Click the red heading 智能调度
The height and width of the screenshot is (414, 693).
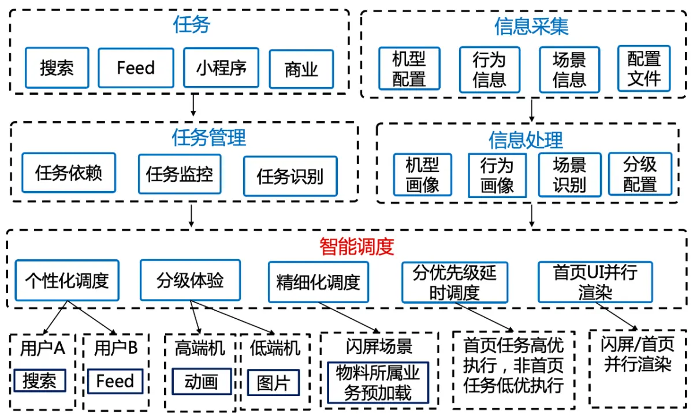pyautogui.click(x=356, y=247)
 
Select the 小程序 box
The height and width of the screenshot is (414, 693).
pyautogui.click(x=221, y=68)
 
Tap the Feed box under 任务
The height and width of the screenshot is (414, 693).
pyautogui.click(x=136, y=68)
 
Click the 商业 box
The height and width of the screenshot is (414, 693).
pyautogui.click(x=301, y=69)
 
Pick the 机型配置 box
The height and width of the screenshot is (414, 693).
pyautogui.click(x=409, y=69)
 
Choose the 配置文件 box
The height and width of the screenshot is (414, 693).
pyautogui.click(x=644, y=68)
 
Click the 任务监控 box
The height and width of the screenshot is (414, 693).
pyautogui.click(x=179, y=173)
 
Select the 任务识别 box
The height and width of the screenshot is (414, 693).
pyautogui.click(x=290, y=176)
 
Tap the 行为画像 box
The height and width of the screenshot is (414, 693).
pyautogui.click(x=497, y=176)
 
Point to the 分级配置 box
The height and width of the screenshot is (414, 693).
pyautogui.click(x=640, y=174)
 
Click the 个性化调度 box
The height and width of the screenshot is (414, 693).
pyautogui.click(x=67, y=281)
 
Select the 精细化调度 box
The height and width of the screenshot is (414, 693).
pyautogui.click(x=318, y=282)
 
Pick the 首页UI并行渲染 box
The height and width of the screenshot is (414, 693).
pyautogui.click(x=595, y=282)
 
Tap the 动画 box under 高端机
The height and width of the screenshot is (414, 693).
pyautogui.click(x=202, y=382)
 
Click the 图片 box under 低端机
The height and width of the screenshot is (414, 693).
pyautogui.click(x=273, y=382)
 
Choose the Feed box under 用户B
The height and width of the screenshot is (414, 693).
pyautogui.click(x=115, y=381)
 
